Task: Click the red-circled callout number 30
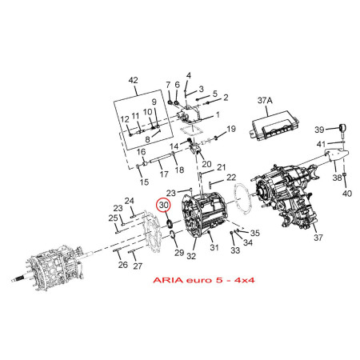(164, 205)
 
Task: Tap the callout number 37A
(265, 101)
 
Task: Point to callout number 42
(134, 80)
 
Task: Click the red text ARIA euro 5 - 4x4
(204, 280)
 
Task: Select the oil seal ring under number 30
(170, 223)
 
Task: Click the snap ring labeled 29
(172, 234)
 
